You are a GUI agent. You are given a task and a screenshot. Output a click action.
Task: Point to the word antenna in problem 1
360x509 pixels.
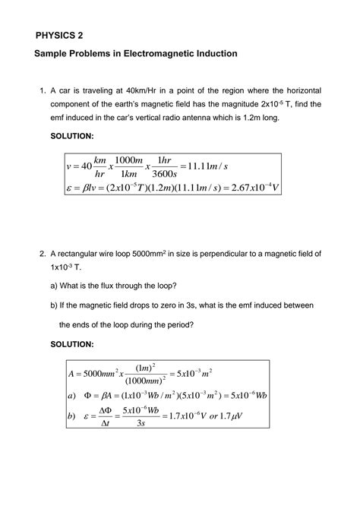(x=235, y=119)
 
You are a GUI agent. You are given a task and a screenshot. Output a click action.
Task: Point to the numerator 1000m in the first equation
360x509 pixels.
(x=126, y=160)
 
